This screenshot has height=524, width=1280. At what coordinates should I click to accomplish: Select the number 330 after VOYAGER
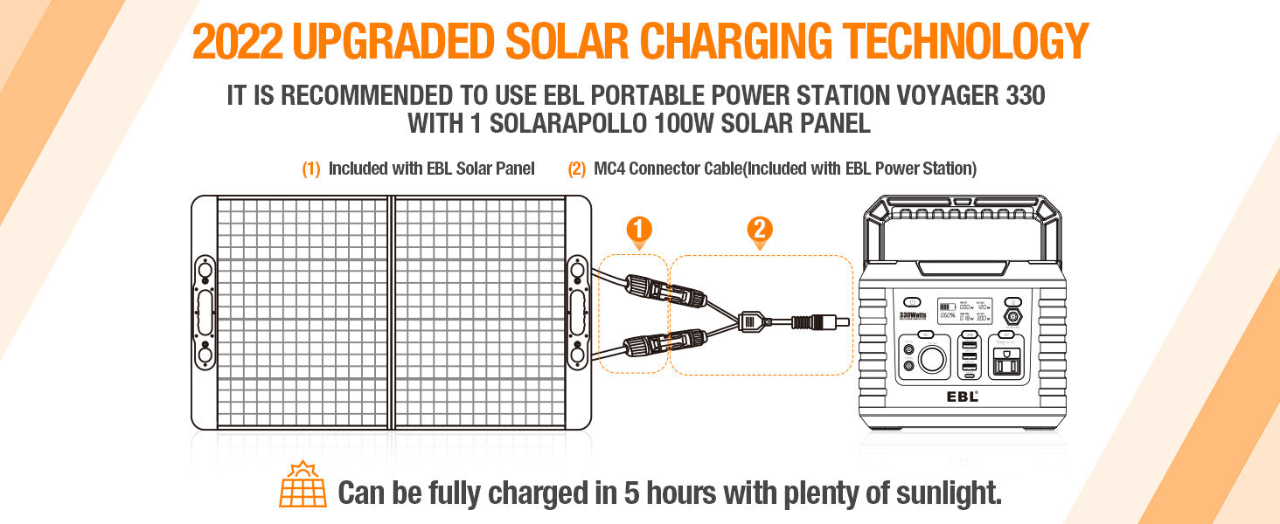click(x=1019, y=95)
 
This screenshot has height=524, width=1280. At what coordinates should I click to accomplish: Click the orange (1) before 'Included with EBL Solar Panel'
click(x=311, y=169)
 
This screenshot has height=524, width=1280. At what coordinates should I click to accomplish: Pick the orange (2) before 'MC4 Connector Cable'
click(x=577, y=169)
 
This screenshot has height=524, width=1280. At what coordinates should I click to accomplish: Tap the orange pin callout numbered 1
click(x=639, y=231)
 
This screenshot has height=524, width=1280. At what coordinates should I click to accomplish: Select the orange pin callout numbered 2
click(x=759, y=231)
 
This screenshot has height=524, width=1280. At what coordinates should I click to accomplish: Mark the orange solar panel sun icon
click(x=303, y=486)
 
